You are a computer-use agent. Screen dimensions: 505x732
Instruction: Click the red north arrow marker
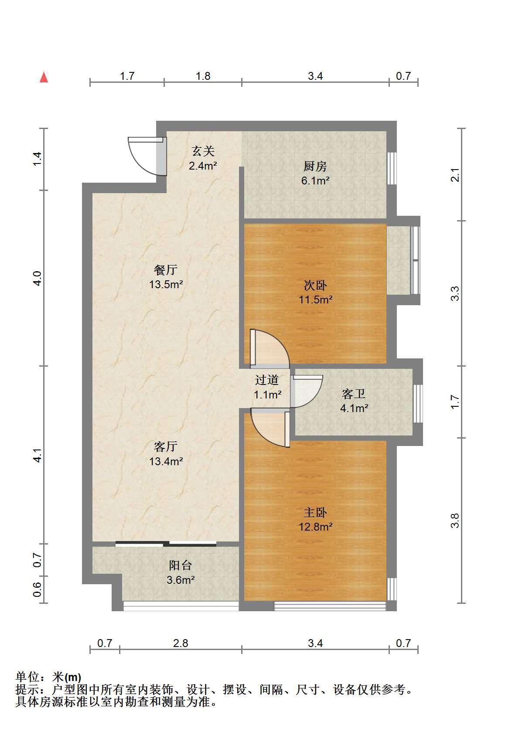44,78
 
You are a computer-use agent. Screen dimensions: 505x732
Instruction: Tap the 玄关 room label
203,151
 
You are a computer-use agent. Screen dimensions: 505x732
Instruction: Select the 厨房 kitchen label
315,167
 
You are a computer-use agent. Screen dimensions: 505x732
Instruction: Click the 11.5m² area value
316,300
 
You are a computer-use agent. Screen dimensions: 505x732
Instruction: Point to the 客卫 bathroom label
354,394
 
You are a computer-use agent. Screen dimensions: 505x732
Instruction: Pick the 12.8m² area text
316,527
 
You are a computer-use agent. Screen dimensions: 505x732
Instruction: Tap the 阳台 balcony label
181,565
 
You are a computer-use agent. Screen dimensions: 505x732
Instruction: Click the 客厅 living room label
166,446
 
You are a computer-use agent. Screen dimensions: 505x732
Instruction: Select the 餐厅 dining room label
166,269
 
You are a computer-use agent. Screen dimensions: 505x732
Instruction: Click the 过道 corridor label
267,380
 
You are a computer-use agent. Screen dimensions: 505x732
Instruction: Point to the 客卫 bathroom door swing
307,391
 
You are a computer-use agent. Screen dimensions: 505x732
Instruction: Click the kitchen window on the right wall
392,168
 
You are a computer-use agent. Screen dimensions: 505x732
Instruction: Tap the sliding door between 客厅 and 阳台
166,544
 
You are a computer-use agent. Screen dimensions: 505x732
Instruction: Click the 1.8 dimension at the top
203,76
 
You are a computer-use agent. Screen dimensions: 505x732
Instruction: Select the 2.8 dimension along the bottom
181,643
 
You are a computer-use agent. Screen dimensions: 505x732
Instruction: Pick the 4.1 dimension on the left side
38,455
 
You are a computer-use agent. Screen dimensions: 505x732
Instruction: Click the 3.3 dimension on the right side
455,293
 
